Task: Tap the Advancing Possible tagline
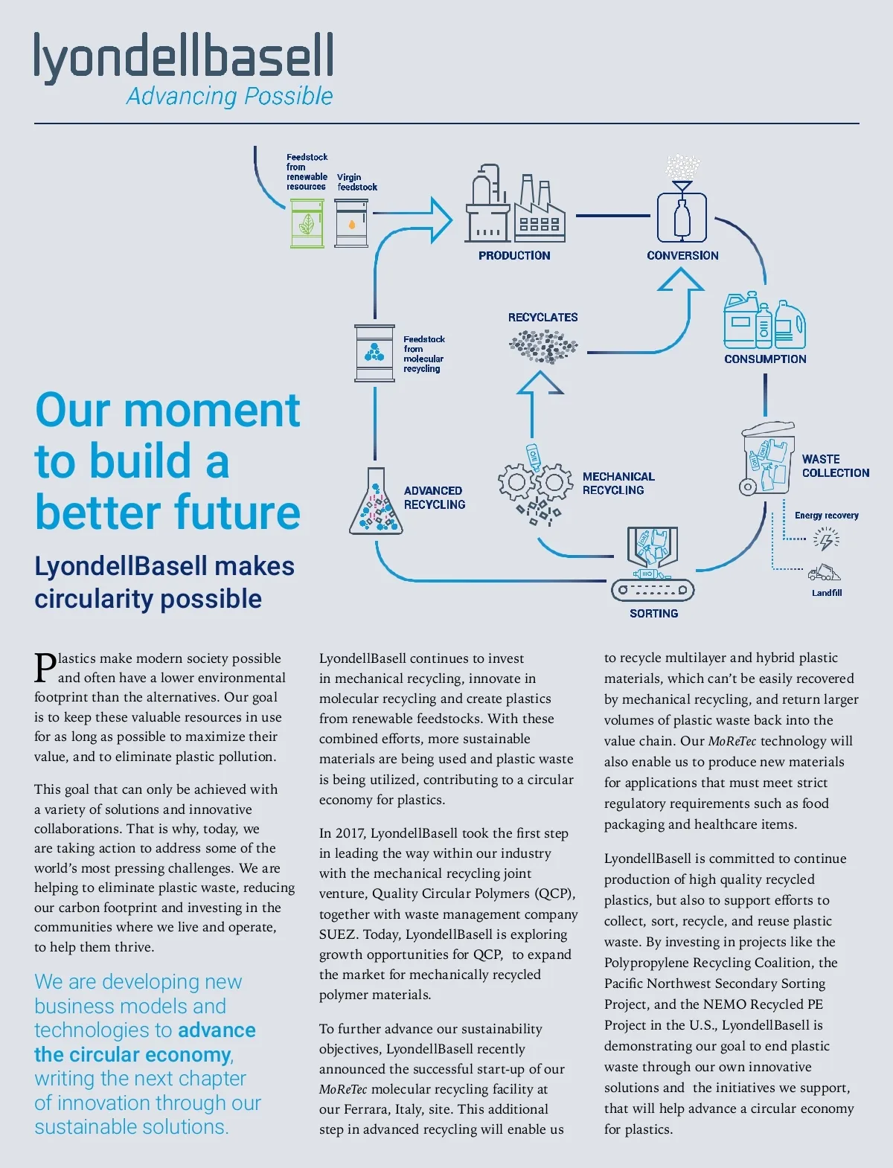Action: [x=229, y=96]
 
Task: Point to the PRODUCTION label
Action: [x=514, y=255]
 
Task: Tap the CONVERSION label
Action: [x=682, y=255]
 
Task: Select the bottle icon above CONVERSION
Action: [x=682, y=216]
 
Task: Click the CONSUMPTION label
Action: [x=765, y=359]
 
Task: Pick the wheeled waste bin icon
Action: [x=767, y=459]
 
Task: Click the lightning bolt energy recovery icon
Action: [x=825, y=539]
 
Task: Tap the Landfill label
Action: [x=827, y=593]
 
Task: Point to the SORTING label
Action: [x=653, y=614]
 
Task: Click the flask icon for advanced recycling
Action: [x=376, y=504]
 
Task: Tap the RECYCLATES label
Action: [x=542, y=317]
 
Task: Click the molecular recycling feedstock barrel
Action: [x=374, y=353]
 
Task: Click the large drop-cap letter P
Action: [x=45, y=667]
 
